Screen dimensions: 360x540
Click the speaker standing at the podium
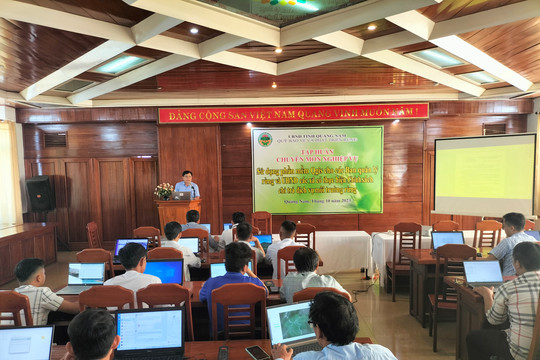pyautogui.click(x=187, y=185)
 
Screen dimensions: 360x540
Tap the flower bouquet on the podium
pyautogui.click(x=163, y=190)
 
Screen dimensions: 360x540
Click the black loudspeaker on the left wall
pyautogui.click(x=41, y=193)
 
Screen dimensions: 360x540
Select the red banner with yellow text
pyautogui.click(x=293, y=112)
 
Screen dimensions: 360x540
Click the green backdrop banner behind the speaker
pyautogui.click(x=317, y=169)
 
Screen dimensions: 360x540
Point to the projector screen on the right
pyautogui.click(x=484, y=175)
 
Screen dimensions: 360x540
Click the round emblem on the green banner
pyautogui.click(x=265, y=139)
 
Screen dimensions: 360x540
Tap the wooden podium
pyautogui.click(x=176, y=215)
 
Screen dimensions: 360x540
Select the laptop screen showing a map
pyautogui.click(x=291, y=324)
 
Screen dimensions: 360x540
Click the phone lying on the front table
pyautogui.click(x=257, y=352)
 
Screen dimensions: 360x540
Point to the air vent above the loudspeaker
pyautogui.click(x=56, y=140)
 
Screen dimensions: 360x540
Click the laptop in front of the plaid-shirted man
pyautogui.click(x=483, y=272)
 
